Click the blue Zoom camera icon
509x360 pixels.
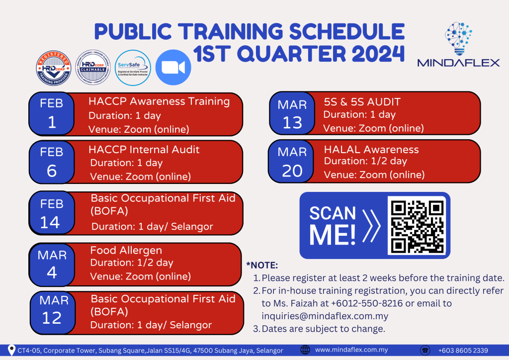173,68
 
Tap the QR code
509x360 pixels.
417,226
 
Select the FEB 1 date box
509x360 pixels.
52,113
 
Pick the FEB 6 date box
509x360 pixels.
52,162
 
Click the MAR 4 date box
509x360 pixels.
52,264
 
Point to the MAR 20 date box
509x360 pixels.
292,162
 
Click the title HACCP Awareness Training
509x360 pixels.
159,102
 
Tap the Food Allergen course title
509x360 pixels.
126,250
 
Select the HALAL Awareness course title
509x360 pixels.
371,150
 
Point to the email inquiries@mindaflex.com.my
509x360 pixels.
325,316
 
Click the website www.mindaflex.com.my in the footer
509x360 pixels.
351,350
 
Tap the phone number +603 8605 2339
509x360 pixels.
463,350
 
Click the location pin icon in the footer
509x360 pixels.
11,350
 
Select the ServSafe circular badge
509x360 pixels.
133,68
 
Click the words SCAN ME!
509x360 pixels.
333,225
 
